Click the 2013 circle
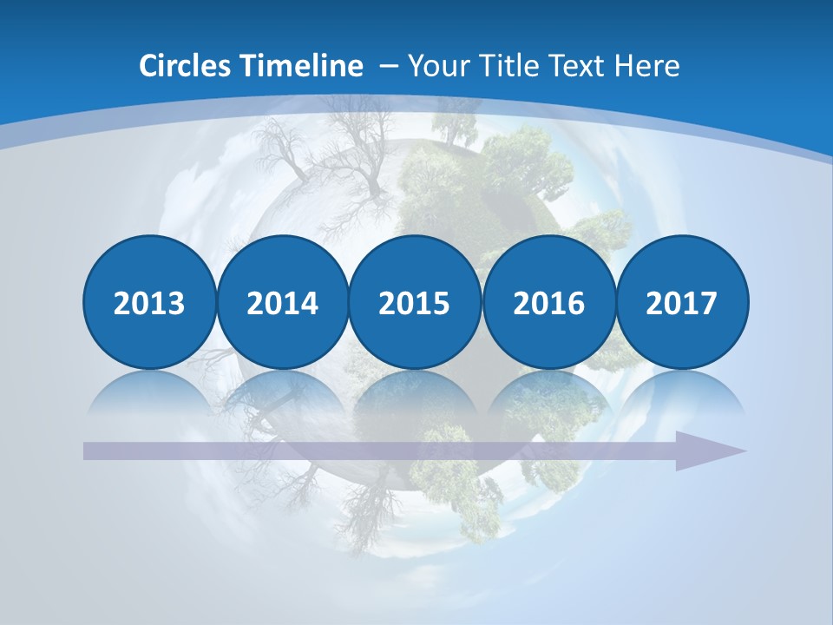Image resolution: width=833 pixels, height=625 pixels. point(149,302)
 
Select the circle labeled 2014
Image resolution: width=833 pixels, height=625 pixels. point(283,302)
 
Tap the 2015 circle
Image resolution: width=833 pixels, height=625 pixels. point(415,302)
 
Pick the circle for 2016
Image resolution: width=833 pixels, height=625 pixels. point(548,302)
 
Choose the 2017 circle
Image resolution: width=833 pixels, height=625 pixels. point(682,302)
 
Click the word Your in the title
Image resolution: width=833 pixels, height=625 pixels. point(435,66)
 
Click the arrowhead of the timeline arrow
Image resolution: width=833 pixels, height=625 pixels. point(712,451)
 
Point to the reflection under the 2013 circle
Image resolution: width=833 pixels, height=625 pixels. point(149,392)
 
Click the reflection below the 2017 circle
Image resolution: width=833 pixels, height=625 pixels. point(682,392)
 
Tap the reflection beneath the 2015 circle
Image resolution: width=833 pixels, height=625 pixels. point(415,392)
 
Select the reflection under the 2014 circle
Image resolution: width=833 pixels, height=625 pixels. point(283,392)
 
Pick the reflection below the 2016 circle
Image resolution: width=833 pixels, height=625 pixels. point(548,392)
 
